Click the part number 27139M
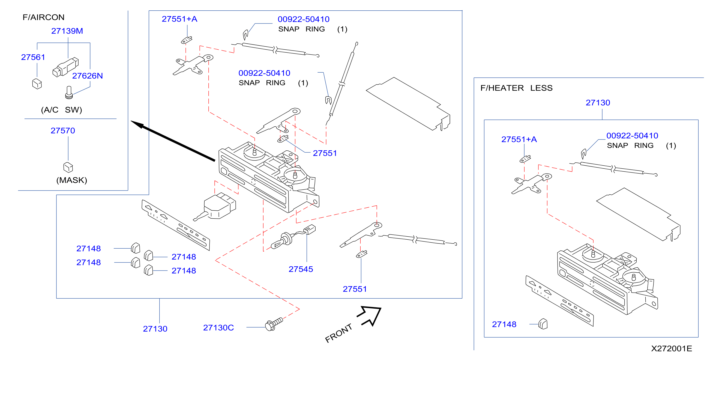click(67, 31)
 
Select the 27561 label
click(33, 57)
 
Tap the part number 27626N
click(88, 76)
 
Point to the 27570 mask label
click(63, 131)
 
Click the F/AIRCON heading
click(43, 17)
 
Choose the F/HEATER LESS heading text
click(516, 88)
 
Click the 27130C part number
click(218, 327)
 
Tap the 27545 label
click(301, 269)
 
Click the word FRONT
click(338, 333)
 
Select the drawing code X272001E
click(672, 349)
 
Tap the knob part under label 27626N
click(69, 93)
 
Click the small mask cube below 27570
click(68, 167)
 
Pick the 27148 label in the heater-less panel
click(504, 324)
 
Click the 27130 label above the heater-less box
click(598, 103)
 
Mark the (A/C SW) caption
click(61, 110)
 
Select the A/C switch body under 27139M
click(65, 67)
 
